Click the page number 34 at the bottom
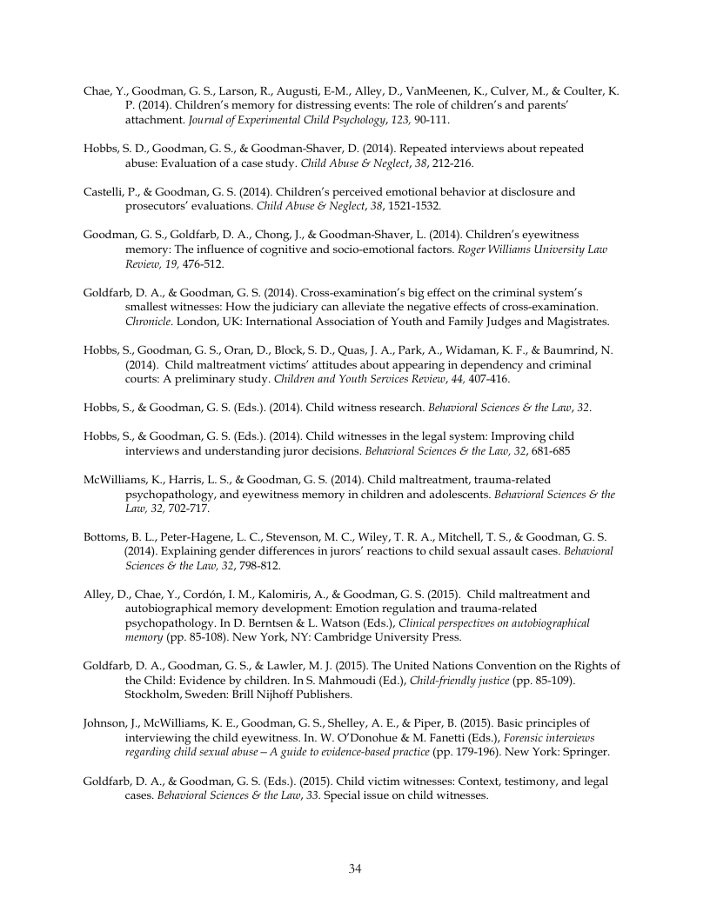(x=355, y=868)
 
